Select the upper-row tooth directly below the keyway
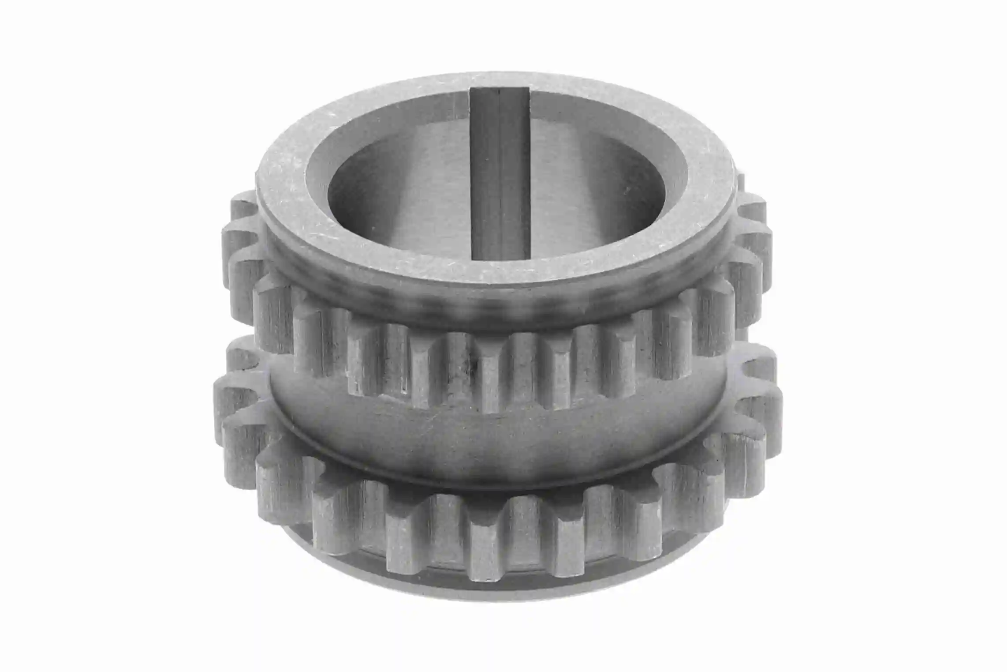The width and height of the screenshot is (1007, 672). (492, 379)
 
